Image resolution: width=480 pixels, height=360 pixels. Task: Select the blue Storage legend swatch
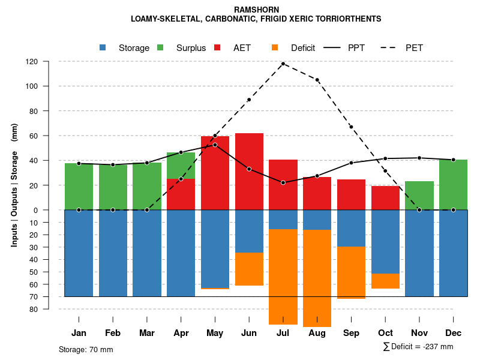coord(103,48)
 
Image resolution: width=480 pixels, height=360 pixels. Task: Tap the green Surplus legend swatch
coord(160,48)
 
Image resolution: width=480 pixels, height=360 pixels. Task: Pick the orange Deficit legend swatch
coord(275,48)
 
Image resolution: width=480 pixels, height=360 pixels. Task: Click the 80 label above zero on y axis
coord(33,111)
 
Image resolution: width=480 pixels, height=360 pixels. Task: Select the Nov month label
coord(419,333)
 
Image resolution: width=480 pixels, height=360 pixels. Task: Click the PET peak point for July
coord(283,64)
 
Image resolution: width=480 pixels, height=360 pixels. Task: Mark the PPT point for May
coord(215,145)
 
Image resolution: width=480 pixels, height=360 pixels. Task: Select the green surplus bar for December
coord(453,185)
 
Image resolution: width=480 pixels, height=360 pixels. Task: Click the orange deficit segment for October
coord(385,281)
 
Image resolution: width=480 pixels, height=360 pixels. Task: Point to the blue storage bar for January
coord(79,253)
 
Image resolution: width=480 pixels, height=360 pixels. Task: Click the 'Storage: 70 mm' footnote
coord(86,349)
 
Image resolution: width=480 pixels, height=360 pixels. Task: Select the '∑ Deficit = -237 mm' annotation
coord(418,347)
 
